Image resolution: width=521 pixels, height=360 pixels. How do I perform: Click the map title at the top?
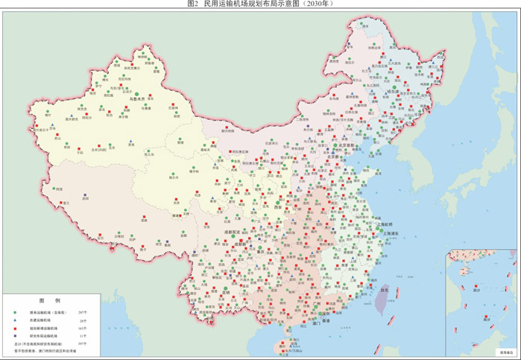click(259, 4)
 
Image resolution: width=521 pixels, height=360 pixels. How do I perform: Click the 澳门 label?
click(306, 324)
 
